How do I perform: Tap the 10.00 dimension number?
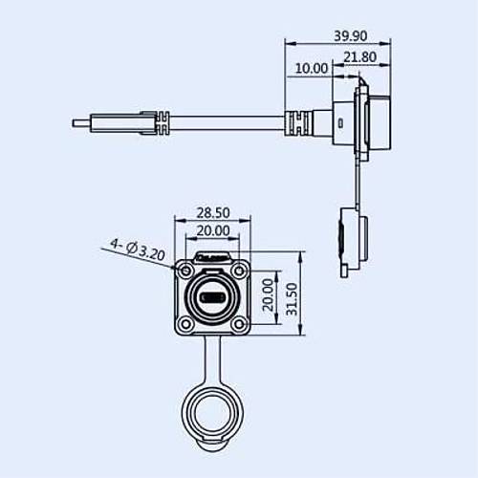pos(312,69)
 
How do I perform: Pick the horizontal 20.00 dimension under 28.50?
pos(212,230)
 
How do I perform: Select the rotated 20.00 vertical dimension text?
pos(269,298)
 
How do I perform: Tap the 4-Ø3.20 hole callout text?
pos(137,250)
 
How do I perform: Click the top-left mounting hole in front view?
pos(184,272)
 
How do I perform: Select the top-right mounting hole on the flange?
pos(237,272)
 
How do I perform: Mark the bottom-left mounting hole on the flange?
pos(184,325)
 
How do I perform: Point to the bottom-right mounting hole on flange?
pos(237,325)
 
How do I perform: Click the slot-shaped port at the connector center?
pos(210,298)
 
